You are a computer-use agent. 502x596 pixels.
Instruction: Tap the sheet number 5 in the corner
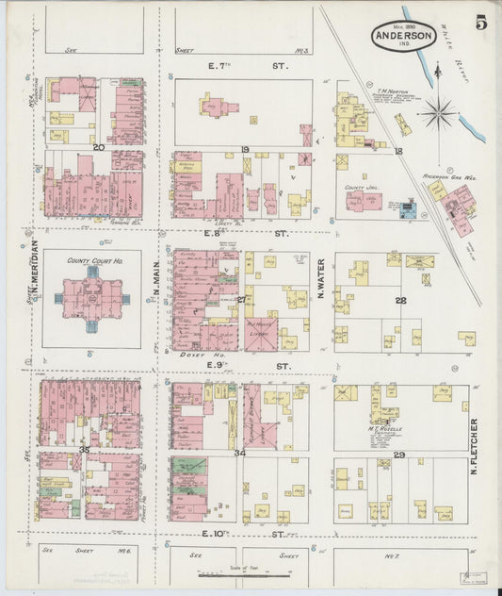point(480,22)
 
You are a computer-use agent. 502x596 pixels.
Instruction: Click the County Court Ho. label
point(89,260)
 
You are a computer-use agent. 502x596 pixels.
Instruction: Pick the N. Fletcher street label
point(473,446)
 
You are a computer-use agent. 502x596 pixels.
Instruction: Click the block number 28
point(400,300)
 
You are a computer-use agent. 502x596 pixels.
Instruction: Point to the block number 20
point(97,147)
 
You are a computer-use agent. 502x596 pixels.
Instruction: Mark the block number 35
point(84,451)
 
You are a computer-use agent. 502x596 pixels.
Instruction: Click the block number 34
point(239,454)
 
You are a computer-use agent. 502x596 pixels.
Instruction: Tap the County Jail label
point(355,188)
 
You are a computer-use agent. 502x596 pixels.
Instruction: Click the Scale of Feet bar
point(250,575)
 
